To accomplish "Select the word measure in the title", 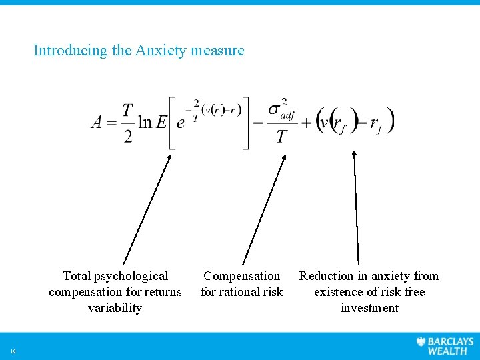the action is pyautogui.click(x=217, y=50).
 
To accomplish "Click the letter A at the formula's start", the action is pyautogui.click(x=97, y=122).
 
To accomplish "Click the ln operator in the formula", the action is pyautogui.click(x=145, y=122).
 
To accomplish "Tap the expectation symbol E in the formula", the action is pyautogui.click(x=162, y=122).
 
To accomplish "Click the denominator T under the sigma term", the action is pyautogui.click(x=282, y=137).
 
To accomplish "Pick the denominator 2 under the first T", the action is pyautogui.click(x=128, y=137).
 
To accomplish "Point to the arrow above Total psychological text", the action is pyautogui.click(x=147, y=210).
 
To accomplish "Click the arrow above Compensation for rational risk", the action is pyautogui.click(x=264, y=210).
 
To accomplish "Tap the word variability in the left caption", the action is pyautogui.click(x=115, y=308).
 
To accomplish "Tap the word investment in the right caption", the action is pyautogui.click(x=369, y=308).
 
